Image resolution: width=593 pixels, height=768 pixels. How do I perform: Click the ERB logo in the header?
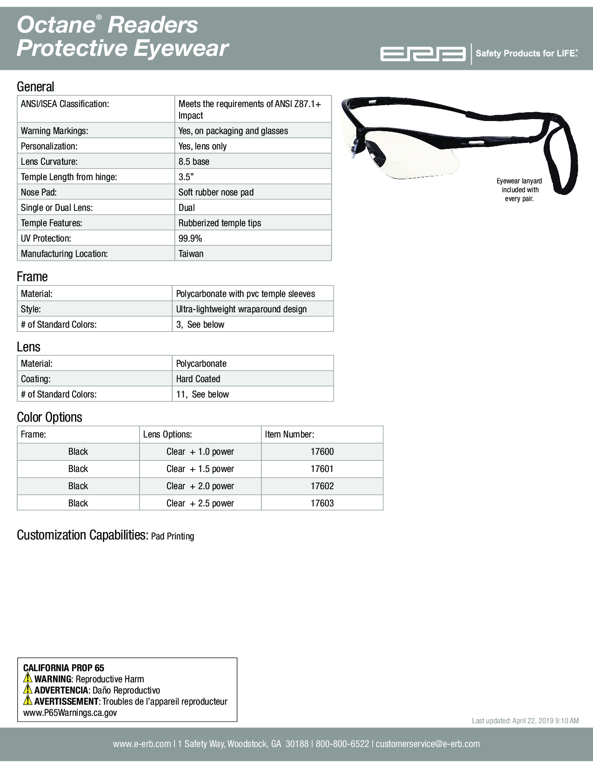(423, 54)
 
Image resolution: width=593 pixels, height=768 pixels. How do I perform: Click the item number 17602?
(322, 486)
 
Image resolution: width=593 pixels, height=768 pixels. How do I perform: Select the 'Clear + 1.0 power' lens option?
(200, 451)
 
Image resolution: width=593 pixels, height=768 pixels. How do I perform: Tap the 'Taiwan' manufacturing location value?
(191, 254)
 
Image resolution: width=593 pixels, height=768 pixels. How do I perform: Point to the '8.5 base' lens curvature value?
(193, 162)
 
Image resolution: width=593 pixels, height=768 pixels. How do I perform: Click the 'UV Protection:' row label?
(46, 238)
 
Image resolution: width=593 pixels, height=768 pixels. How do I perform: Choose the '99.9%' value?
(190, 238)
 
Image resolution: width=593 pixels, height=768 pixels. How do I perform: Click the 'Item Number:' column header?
(289, 434)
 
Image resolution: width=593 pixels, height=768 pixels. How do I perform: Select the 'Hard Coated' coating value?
(198, 379)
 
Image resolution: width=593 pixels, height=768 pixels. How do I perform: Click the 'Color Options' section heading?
(49, 417)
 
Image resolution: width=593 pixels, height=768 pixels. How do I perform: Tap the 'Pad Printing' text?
(173, 536)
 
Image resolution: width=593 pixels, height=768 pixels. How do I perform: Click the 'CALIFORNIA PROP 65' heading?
(63, 668)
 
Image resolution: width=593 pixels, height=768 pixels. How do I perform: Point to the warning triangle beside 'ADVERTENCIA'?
(28, 690)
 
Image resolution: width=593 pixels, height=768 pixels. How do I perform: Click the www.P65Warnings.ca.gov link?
(70, 713)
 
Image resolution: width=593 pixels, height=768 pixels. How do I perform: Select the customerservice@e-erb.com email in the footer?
(427, 744)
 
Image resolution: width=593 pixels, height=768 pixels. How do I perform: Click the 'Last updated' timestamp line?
(525, 721)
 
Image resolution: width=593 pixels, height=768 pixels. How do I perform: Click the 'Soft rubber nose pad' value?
(216, 192)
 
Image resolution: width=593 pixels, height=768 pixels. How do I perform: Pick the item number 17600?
(322, 451)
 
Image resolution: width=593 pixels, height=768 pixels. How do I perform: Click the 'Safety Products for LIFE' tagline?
(526, 54)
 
